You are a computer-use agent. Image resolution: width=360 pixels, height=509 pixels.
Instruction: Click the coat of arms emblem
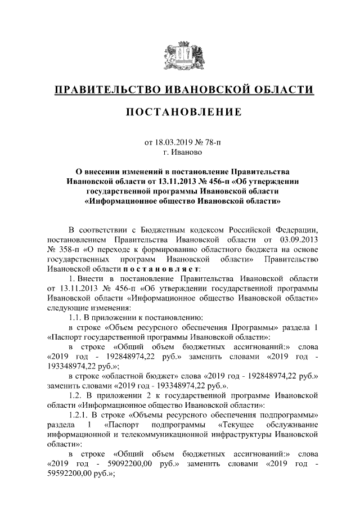180,56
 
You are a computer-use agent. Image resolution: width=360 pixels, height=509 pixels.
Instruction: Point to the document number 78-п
210,142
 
